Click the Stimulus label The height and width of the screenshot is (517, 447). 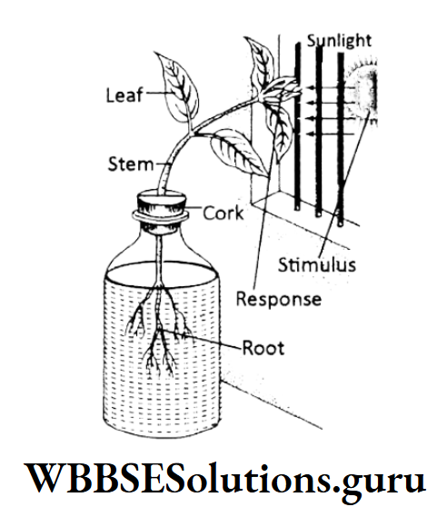(316, 265)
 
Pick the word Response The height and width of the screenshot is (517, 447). (277, 298)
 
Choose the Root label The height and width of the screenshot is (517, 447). (263, 347)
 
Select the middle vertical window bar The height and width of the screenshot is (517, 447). (317, 127)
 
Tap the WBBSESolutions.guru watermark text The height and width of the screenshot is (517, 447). (223, 478)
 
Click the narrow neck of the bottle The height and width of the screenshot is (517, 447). (161, 238)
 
